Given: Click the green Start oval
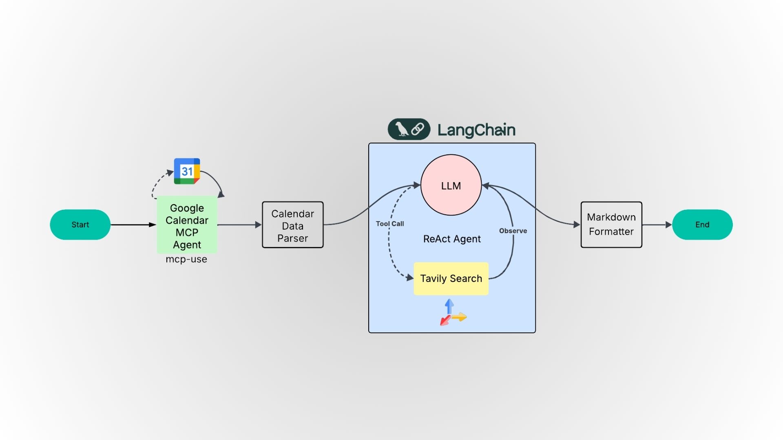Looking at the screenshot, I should pyautogui.click(x=80, y=224).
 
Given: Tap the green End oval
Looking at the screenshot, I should pyautogui.click(x=702, y=224).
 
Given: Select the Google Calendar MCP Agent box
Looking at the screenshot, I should pyautogui.click(x=187, y=226).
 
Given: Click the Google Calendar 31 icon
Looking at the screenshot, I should pyautogui.click(x=187, y=171).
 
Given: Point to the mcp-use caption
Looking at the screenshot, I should pyautogui.click(x=186, y=259).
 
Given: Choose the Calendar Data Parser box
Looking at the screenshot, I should pyautogui.click(x=292, y=225).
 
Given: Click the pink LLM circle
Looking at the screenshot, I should pyautogui.click(x=451, y=185).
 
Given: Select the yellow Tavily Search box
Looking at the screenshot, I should pyautogui.click(x=451, y=279).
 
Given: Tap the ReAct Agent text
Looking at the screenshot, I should pyautogui.click(x=452, y=239).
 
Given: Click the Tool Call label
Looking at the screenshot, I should pyautogui.click(x=389, y=224).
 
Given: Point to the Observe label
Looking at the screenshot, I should pyautogui.click(x=513, y=231).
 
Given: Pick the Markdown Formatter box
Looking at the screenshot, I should pyautogui.click(x=611, y=224).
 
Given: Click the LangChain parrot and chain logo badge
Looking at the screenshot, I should pyautogui.click(x=409, y=129).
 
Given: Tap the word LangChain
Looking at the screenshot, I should pyautogui.click(x=476, y=130).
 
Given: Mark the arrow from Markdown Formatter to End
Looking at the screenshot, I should pyautogui.click(x=657, y=224).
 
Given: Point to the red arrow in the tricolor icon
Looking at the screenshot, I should pyautogui.click(x=445, y=321).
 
